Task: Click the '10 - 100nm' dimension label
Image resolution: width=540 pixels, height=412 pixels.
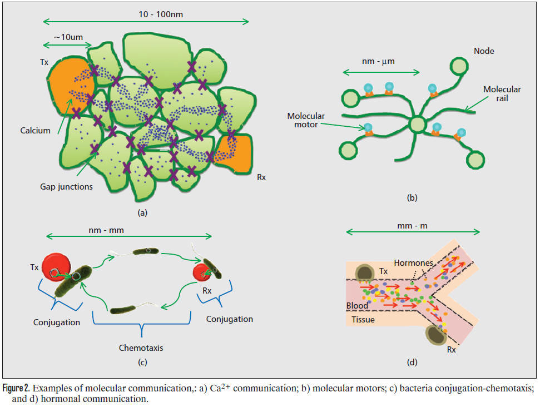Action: (161, 14)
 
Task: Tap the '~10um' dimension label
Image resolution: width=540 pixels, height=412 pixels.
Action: (68, 37)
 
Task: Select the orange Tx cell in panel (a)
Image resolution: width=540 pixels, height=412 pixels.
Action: (70, 86)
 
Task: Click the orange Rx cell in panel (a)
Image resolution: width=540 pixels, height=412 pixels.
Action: (234, 153)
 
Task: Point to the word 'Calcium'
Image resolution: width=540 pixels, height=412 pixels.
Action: (35, 131)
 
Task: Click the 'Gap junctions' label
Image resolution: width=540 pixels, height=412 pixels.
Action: (67, 187)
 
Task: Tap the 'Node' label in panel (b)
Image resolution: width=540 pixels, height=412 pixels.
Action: (484, 51)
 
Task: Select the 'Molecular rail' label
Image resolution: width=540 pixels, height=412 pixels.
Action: (502, 93)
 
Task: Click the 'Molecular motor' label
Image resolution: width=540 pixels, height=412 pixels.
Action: (306, 120)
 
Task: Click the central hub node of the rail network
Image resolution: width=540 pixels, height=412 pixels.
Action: (418, 124)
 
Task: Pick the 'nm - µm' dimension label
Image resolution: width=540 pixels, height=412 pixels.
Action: (378, 61)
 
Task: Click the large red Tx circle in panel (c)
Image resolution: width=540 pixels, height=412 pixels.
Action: (56, 267)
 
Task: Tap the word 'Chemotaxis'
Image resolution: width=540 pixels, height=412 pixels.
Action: (141, 348)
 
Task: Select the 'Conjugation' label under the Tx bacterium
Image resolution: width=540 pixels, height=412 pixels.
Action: (57, 322)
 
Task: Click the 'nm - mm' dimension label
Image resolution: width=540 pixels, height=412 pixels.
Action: (106, 230)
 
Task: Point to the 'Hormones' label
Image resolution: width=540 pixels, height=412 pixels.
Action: (414, 263)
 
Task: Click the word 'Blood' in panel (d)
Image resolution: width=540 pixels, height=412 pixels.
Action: (357, 306)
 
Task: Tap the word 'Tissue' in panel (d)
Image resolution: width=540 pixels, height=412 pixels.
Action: (363, 319)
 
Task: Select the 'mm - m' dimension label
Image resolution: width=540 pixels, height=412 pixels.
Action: (412, 226)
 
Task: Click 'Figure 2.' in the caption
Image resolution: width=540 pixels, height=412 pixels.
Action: (16, 388)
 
